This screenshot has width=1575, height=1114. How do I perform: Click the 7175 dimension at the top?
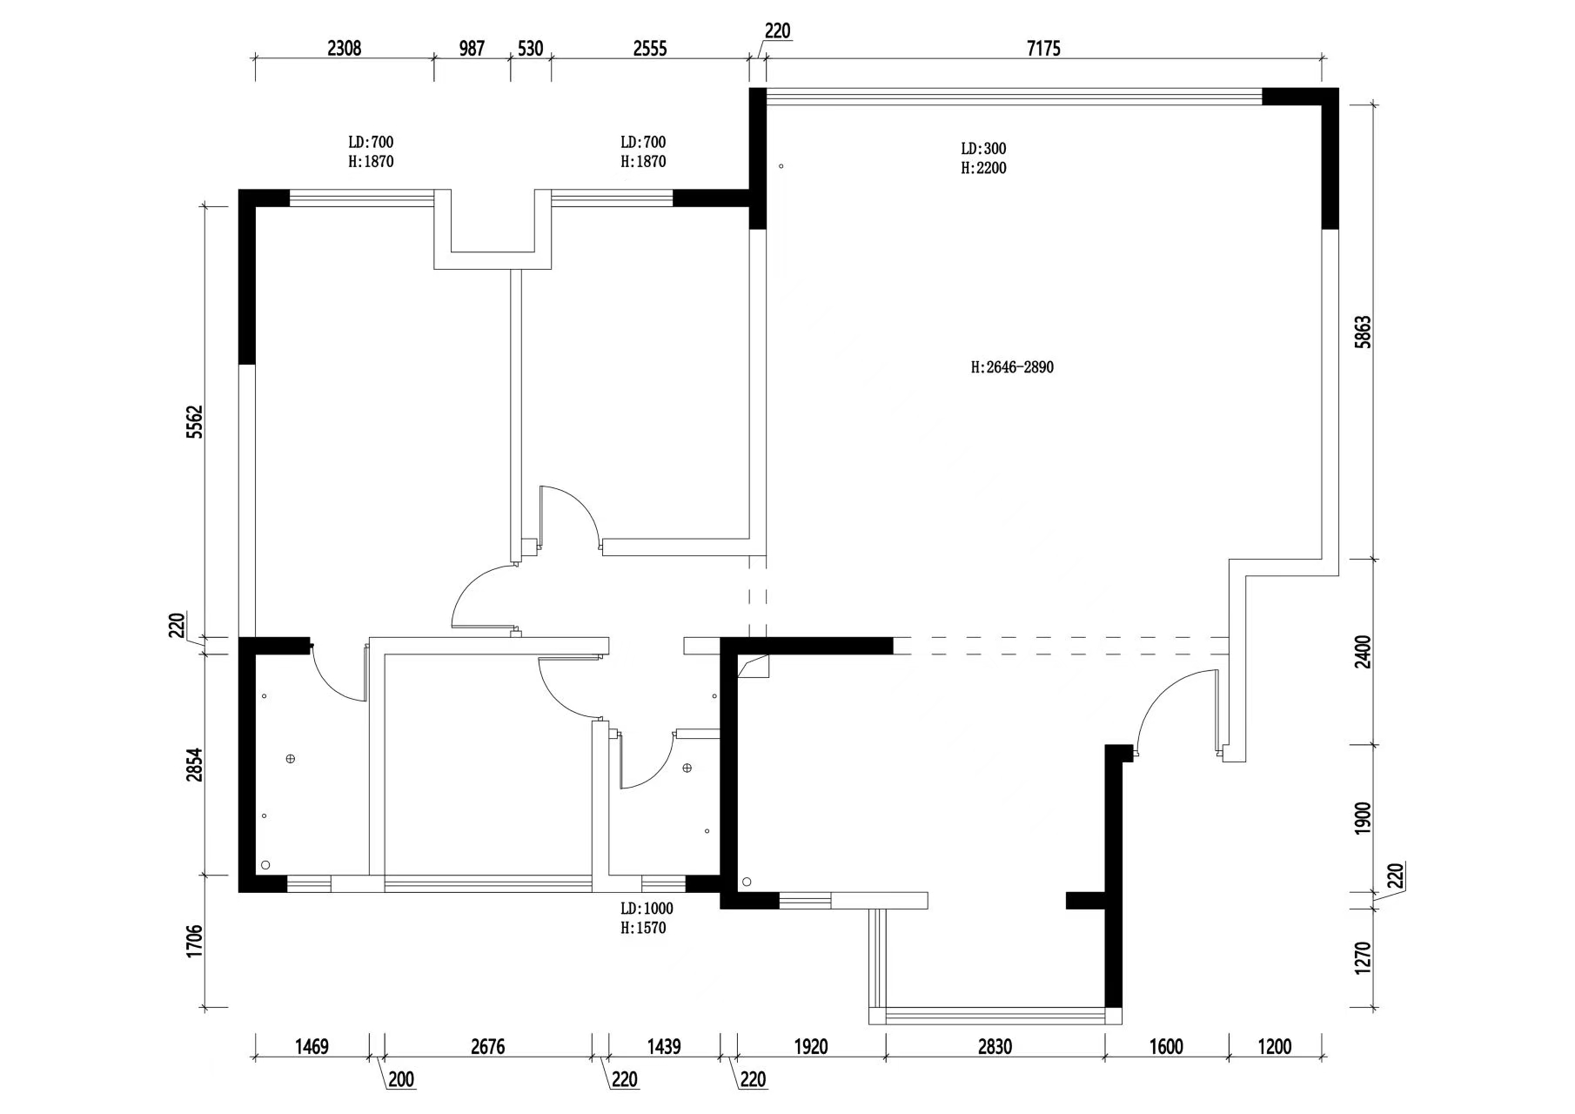point(1043,49)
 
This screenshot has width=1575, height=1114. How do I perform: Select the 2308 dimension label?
point(344,49)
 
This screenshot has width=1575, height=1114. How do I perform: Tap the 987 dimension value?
point(472,49)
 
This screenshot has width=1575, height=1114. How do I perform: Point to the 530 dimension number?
point(530,49)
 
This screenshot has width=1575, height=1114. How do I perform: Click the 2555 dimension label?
point(650,49)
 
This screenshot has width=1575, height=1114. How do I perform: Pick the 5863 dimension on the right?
point(1363,332)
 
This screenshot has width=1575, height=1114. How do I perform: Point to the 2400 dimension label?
point(1363,652)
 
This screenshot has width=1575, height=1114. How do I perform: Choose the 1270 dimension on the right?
point(1363,958)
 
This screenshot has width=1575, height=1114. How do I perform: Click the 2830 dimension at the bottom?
point(995,1047)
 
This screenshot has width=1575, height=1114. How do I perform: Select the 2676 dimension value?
point(487,1047)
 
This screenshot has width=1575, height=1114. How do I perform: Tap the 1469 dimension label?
point(312,1047)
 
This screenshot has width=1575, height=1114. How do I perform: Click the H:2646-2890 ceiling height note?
point(1012,367)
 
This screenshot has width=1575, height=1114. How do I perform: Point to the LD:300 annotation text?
point(983,149)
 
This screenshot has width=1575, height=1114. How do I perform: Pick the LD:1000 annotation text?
point(647,909)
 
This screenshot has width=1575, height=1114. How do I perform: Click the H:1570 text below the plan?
point(643,929)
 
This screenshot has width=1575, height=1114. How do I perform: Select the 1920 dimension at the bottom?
point(811,1047)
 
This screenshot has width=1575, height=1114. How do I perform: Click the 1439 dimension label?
point(664,1047)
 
